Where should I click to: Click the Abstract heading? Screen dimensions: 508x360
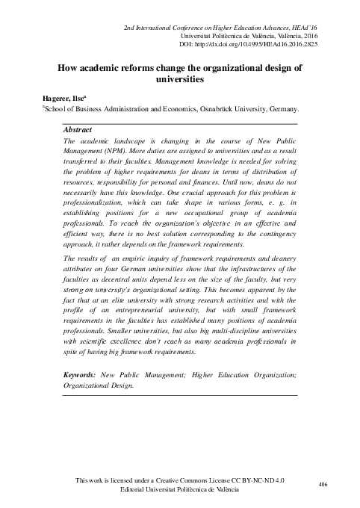(x=78, y=129)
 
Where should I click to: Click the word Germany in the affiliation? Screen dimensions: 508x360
(x=278, y=108)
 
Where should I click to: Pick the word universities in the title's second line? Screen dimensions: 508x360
(x=180, y=79)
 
